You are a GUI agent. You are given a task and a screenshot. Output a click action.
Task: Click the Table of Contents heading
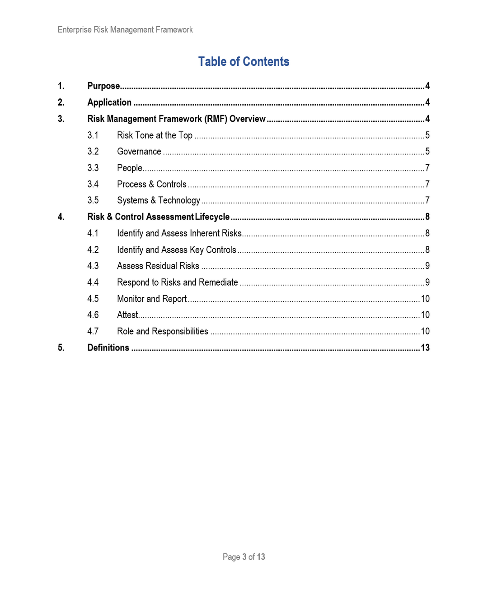[244, 61]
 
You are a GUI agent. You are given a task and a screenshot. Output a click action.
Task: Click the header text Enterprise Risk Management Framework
[125, 30]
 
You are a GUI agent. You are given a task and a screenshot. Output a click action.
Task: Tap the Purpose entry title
[103, 86]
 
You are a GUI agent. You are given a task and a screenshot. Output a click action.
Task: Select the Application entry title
[109, 102]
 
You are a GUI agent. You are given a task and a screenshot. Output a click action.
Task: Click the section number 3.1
[93, 135]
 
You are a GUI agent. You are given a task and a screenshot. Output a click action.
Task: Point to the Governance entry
[139, 152]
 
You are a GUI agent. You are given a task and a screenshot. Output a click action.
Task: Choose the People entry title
[129, 168]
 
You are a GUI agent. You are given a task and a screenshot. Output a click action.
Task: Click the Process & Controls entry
[151, 184]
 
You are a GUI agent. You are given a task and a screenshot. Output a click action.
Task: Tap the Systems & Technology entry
[158, 200]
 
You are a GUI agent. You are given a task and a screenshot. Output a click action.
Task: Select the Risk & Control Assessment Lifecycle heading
[158, 217]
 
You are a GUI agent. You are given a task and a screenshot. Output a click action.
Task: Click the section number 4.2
[93, 250]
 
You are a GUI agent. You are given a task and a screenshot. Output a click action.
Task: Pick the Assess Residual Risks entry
[158, 266]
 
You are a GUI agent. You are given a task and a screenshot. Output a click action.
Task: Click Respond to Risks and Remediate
[177, 282]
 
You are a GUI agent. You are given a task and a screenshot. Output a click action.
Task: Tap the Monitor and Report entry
[151, 299]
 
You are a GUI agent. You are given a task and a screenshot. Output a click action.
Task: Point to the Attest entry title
[127, 315]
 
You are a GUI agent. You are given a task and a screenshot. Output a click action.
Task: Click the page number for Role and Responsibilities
[425, 331]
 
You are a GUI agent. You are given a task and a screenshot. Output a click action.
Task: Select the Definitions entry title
[108, 348]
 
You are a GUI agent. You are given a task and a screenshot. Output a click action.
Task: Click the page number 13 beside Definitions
[425, 348]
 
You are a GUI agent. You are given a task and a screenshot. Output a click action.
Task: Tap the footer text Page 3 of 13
[244, 557]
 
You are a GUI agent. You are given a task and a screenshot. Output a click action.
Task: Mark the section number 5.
[61, 348]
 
